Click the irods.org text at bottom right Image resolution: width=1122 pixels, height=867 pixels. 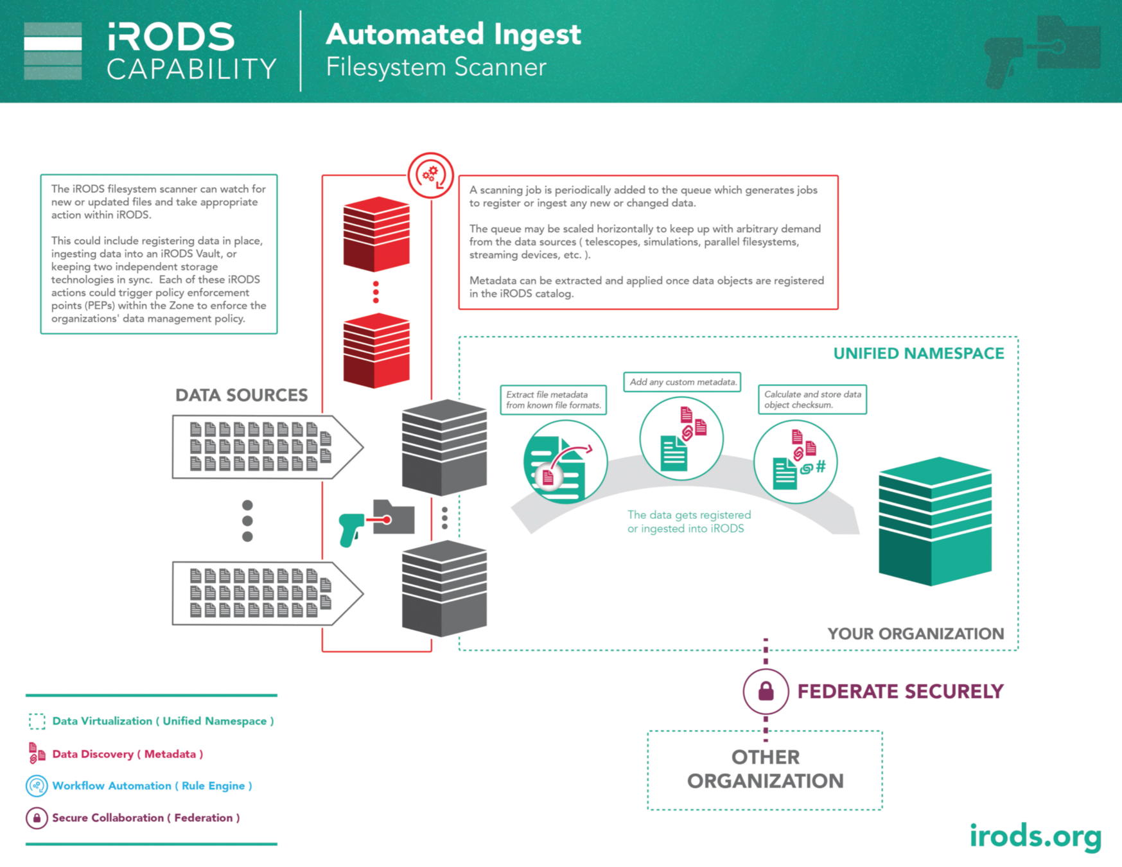1035,836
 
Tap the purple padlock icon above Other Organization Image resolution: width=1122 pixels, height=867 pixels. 766,692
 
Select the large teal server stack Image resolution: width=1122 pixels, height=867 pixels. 934,521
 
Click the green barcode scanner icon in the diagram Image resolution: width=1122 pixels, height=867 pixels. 351,529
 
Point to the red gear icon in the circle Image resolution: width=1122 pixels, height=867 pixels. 430,174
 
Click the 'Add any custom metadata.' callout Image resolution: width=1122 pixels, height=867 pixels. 682,382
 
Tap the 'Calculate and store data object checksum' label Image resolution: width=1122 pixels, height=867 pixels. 812,399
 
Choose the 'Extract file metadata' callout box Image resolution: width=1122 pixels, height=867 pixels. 553,399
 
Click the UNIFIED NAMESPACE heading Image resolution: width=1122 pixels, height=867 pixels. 918,354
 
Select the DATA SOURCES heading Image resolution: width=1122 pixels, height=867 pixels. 241,395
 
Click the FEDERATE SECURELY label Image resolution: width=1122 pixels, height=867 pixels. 900,692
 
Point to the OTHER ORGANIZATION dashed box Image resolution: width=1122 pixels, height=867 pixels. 765,769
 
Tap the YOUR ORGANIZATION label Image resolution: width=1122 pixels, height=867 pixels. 915,634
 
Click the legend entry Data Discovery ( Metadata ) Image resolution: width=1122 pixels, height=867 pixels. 127,754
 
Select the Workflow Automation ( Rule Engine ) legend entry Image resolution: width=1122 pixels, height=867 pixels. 152,785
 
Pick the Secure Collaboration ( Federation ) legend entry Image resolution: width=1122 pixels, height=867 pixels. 146,818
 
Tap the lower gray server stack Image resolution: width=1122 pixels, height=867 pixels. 444,588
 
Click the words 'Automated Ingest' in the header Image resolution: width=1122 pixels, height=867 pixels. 453,35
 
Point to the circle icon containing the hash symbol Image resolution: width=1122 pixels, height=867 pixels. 795,462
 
